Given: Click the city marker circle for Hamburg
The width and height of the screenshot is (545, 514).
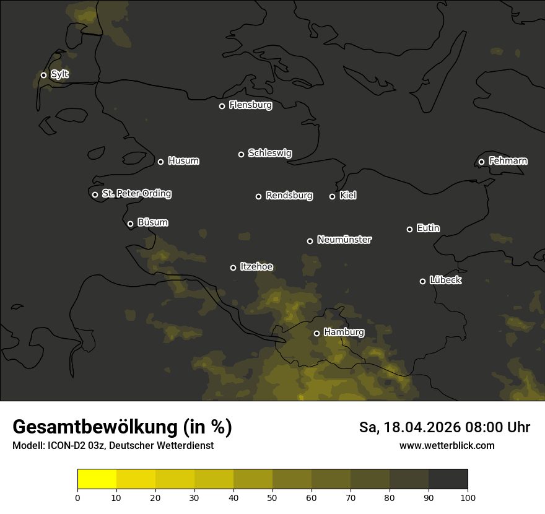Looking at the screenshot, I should (x=316, y=333).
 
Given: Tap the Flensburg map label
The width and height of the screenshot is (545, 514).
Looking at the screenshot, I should (x=250, y=105).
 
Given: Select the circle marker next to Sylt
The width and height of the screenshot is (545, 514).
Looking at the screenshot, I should (x=43, y=75).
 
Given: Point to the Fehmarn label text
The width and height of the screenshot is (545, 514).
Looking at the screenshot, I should (x=508, y=161).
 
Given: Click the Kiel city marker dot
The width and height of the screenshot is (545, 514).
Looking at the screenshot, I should (x=332, y=196).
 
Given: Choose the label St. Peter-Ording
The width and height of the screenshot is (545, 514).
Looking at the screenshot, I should (x=136, y=194).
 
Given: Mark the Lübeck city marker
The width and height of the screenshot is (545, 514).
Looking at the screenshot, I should (x=422, y=281).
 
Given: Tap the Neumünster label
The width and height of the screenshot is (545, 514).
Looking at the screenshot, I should (x=344, y=240).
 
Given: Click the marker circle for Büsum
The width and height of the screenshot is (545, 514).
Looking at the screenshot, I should (x=130, y=224).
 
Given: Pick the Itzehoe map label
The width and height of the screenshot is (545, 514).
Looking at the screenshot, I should (x=256, y=267).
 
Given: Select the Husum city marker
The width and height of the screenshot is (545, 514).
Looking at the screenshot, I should (x=160, y=162).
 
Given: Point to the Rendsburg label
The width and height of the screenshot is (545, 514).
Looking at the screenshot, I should (x=289, y=196).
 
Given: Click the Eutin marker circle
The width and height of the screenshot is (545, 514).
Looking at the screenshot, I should (x=409, y=229).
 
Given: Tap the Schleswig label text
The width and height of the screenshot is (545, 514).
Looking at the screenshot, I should (x=269, y=153).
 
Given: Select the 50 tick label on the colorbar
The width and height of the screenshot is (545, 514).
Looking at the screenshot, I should (x=272, y=497).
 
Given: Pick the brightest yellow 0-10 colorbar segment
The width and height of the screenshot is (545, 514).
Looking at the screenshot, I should (x=97, y=479).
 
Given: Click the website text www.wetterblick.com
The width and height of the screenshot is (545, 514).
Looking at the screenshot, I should (x=447, y=445).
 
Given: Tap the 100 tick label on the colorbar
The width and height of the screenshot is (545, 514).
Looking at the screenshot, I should (x=468, y=497).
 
